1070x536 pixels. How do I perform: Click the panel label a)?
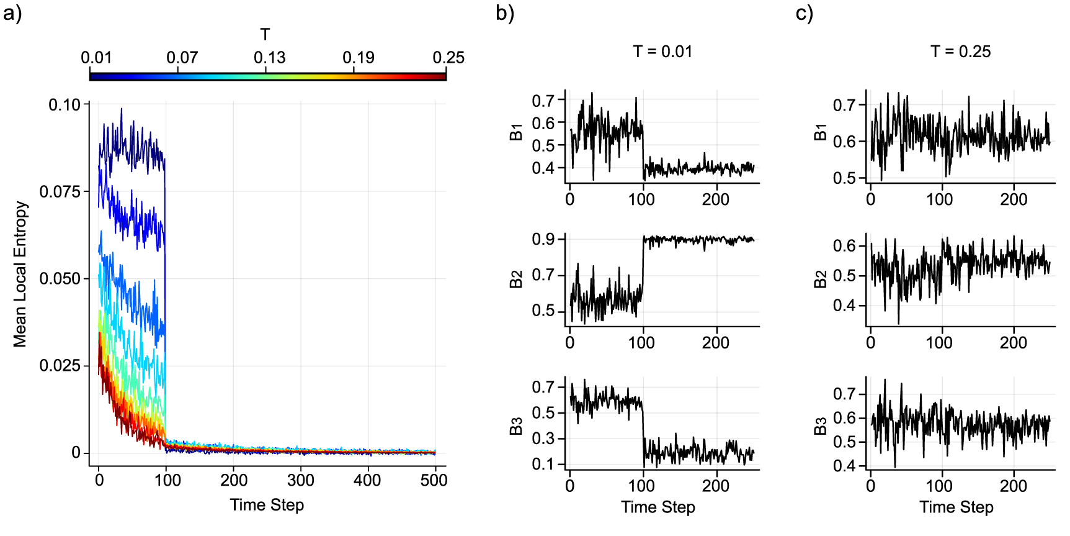click(12, 13)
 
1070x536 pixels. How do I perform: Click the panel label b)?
click(505, 13)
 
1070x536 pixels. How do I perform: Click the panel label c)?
click(804, 13)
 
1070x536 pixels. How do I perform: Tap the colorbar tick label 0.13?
click(269, 58)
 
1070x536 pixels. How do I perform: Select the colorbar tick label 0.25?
click(448, 58)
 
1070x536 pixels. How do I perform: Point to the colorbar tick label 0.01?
click(96, 58)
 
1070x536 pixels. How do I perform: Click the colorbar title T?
click(265, 34)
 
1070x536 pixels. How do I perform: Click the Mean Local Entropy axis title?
click(20, 273)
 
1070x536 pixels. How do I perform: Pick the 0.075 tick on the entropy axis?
click(60, 191)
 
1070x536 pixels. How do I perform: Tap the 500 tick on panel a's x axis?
click(434, 480)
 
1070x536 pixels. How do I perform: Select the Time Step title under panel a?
click(267, 505)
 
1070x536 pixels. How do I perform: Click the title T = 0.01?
click(662, 52)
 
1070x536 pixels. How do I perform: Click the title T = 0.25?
click(960, 52)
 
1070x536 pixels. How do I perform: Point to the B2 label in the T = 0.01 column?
click(516, 279)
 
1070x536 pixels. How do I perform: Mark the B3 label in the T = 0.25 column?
click(820, 426)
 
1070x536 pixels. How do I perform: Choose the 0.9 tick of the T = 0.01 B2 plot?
click(543, 239)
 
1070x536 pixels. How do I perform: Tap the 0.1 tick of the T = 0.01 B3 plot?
click(543, 464)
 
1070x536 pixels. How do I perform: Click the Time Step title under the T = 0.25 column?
click(956, 507)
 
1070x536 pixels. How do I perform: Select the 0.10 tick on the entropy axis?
click(65, 104)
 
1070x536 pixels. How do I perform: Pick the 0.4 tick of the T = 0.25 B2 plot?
click(844, 306)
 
